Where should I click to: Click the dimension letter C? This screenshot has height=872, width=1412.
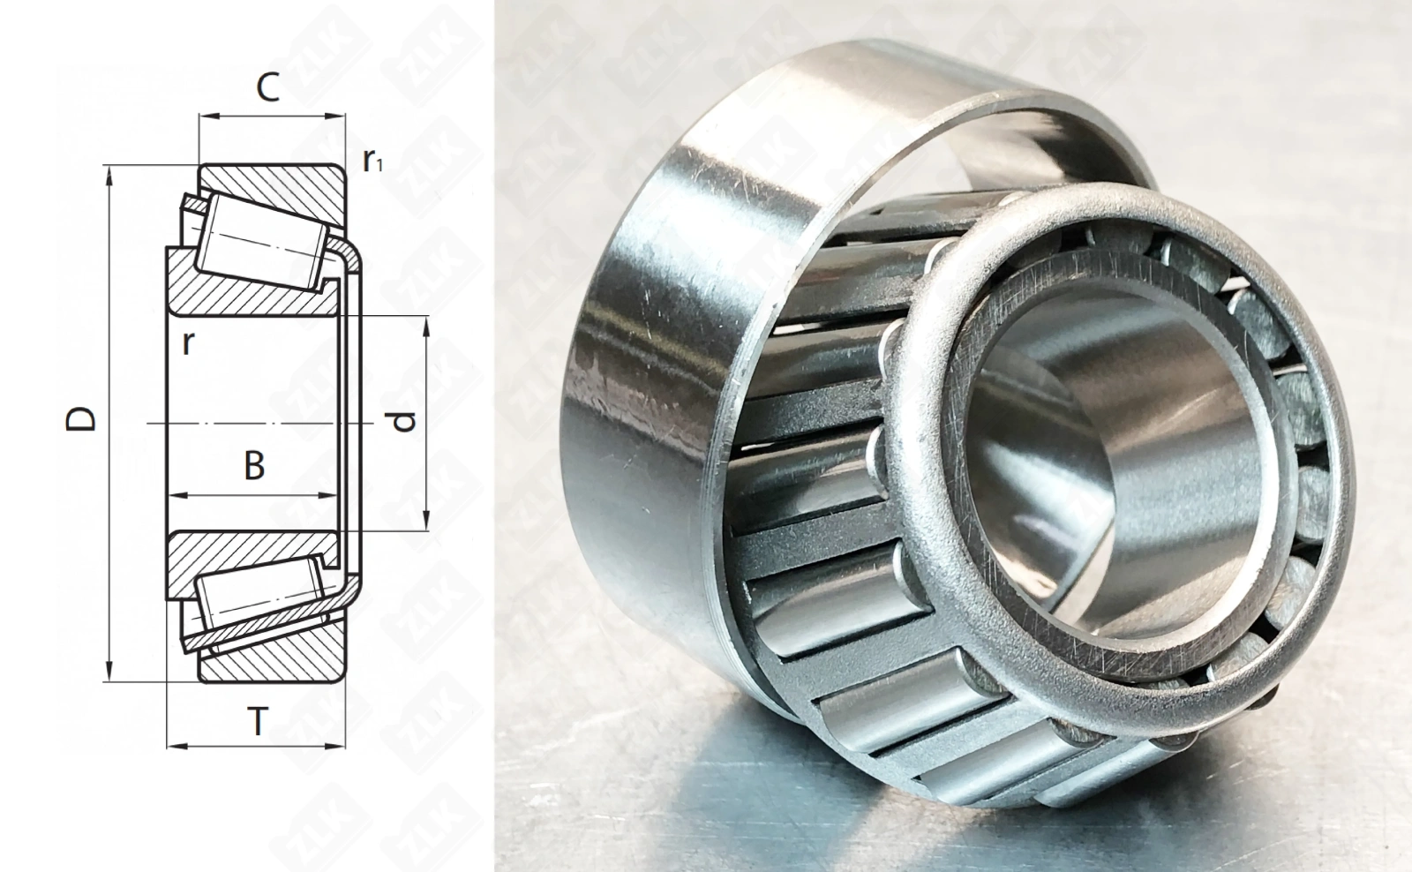pos(268,87)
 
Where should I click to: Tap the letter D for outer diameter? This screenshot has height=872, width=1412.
pos(81,419)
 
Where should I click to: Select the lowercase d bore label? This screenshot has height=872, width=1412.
pos(402,421)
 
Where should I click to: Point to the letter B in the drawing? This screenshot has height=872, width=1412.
pos(254,466)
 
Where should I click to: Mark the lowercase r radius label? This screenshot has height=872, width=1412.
pos(186,342)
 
